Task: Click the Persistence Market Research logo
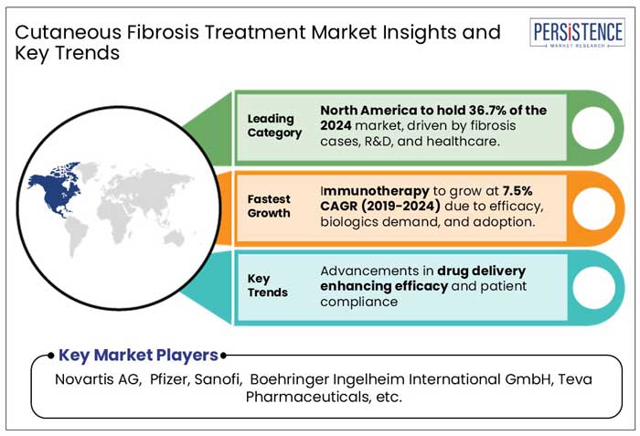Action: (x=578, y=33)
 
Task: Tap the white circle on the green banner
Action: (x=593, y=128)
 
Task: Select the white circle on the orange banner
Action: (x=594, y=208)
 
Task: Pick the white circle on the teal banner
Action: (x=594, y=288)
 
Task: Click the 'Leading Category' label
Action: (x=274, y=126)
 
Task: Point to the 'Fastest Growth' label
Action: (x=269, y=207)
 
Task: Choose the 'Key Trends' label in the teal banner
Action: (x=267, y=286)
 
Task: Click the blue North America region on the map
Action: (x=55, y=188)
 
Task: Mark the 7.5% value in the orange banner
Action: (x=517, y=191)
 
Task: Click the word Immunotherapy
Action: (x=375, y=191)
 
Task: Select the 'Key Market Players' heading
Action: (x=138, y=356)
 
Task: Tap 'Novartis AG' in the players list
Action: (x=98, y=379)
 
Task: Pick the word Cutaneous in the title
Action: (x=69, y=33)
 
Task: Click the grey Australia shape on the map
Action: (x=175, y=237)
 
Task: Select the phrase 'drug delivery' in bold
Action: (x=482, y=271)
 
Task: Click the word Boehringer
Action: (x=289, y=380)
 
